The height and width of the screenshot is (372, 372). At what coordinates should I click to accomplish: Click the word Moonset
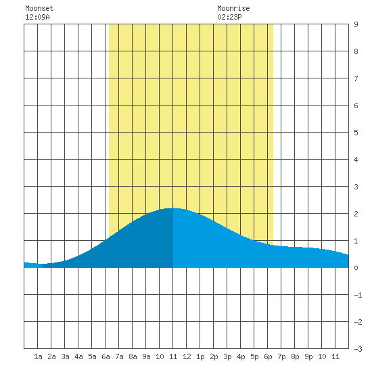click(x=39, y=8)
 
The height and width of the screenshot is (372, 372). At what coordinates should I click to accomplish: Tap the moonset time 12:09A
click(x=37, y=17)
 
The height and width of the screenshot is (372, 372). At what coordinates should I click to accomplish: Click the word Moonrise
click(x=233, y=8)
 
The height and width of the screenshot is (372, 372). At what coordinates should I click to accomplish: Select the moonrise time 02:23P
click(x=229, y=17)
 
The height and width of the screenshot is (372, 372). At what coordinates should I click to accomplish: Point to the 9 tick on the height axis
click(x=356, y=24)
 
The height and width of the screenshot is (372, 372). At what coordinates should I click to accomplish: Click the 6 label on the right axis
click(x=356, y=106)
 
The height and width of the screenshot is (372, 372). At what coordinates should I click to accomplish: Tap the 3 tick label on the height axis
click(x=356, y=187)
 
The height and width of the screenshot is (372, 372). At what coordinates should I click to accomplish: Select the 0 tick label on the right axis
click(x=356, y=268)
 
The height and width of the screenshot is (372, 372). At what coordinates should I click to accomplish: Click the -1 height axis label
click(x=358, y=295)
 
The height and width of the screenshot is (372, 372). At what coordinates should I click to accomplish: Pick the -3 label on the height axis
click(x=358, y=349)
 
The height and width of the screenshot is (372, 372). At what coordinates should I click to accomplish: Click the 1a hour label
click(x=38, y=356)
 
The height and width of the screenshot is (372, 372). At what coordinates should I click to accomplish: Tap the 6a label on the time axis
click(x=106, y=356)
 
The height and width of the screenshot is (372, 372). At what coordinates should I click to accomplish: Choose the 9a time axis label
click(x=146, y=356)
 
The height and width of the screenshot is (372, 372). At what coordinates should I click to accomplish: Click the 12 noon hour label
click(x=187, y=356)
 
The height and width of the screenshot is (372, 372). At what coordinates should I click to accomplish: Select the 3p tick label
click(x=227, y=356)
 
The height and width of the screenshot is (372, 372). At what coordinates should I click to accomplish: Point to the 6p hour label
click(x=268, y=356)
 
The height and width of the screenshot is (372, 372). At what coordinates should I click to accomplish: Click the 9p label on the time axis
click(x=308, y=356)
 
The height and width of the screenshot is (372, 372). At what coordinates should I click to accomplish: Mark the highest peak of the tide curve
click(x=173, y=208)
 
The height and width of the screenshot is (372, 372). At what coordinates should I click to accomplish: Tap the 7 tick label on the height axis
click(x=356, y=78)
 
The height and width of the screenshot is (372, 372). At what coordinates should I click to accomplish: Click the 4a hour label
click(x=78, y=356)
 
